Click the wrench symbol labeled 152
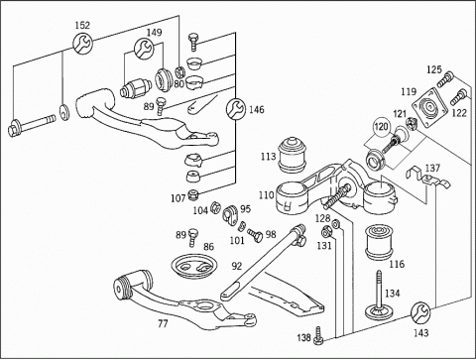tap(82, 43)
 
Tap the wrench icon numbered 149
tap(144, 49)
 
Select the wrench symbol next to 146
tap(236, 108)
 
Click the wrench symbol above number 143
tap(420, 312)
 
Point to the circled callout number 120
tap(381, 127)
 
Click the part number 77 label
tap(163, 324)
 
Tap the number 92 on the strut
tap(236, 266)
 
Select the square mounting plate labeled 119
tap(429, 108)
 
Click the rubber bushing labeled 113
tap(292, 155)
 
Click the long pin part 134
tap(380, 295)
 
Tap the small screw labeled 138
tap(318, 335)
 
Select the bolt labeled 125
tap(445, 79)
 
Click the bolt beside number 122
tap(458, 96)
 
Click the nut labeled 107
tap(192, 194)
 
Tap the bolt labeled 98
tap(255, 235)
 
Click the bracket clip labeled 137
tap(427, 179)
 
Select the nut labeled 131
tap(326, 232)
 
